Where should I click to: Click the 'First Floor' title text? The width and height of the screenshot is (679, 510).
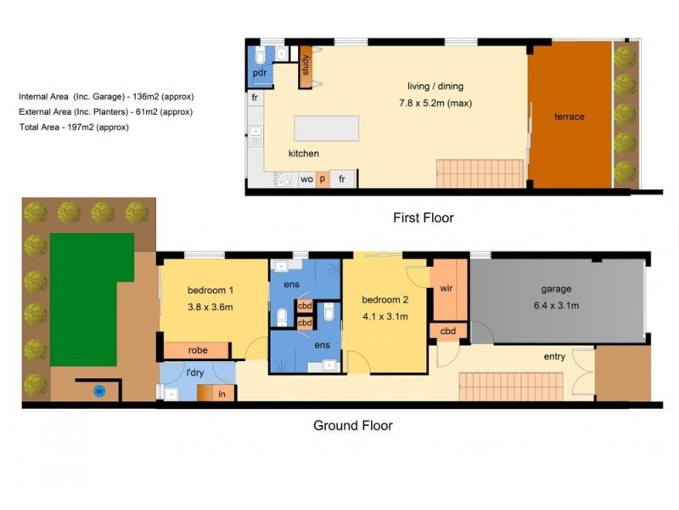pyautogui.click(x=423, y=218)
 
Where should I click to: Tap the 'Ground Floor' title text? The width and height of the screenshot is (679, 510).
pyautogui.click(x=353, y=425)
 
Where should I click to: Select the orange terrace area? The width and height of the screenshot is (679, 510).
pyautogui.click(x=570, y=116)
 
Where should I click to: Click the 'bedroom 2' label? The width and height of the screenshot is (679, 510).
pyautogui.click(x=384, y=300)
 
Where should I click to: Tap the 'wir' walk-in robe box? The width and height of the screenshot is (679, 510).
pyautogui.click(x=446, y=289)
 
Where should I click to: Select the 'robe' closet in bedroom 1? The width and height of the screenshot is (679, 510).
pyautogui.click(x=196, y=349)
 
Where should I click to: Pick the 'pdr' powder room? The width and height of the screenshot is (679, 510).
pyautogui.click(x=259, y=73)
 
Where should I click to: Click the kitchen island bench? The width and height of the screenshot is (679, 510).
pyautogui.click(x=325, y=129)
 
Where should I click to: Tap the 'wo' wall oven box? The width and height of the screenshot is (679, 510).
pyautogui.click(x=306, y=179)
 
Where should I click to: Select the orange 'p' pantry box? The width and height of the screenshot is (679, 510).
pyautogui.click(x=323, y=179)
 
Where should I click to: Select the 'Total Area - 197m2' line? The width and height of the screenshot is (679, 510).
pyautogui.click(x=74, y=127)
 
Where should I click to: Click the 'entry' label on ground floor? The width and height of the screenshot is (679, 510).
pyautogui.click(x=554, y=357)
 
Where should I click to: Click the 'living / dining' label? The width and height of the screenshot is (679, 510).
pyautogui.click(x=436, y=86)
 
